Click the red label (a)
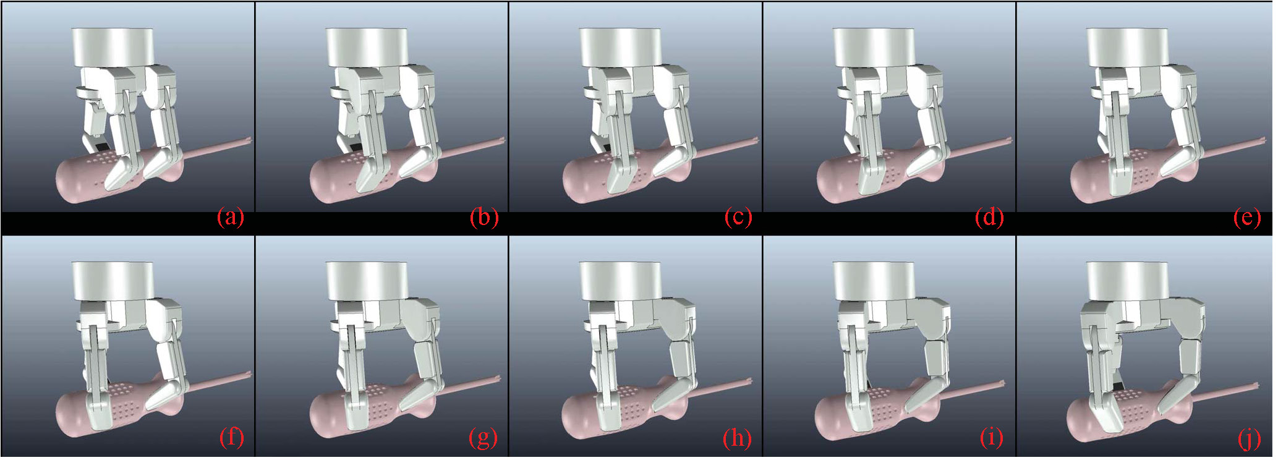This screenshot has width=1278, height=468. tap(231, 218)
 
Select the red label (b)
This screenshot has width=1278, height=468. tap(484, 218)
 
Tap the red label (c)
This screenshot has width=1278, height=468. tap(738, 218)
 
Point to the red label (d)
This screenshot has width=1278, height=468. tap(989, 218)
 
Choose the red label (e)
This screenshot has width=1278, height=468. tap(1246, 218)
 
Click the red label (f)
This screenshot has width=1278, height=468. tap(232, 438)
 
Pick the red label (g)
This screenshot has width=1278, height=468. tap(484, 438)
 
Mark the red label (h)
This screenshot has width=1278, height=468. tap(737, 438)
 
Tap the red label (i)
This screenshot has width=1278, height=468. tap(992, 438)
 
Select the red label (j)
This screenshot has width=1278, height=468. tap(1249, 438)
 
